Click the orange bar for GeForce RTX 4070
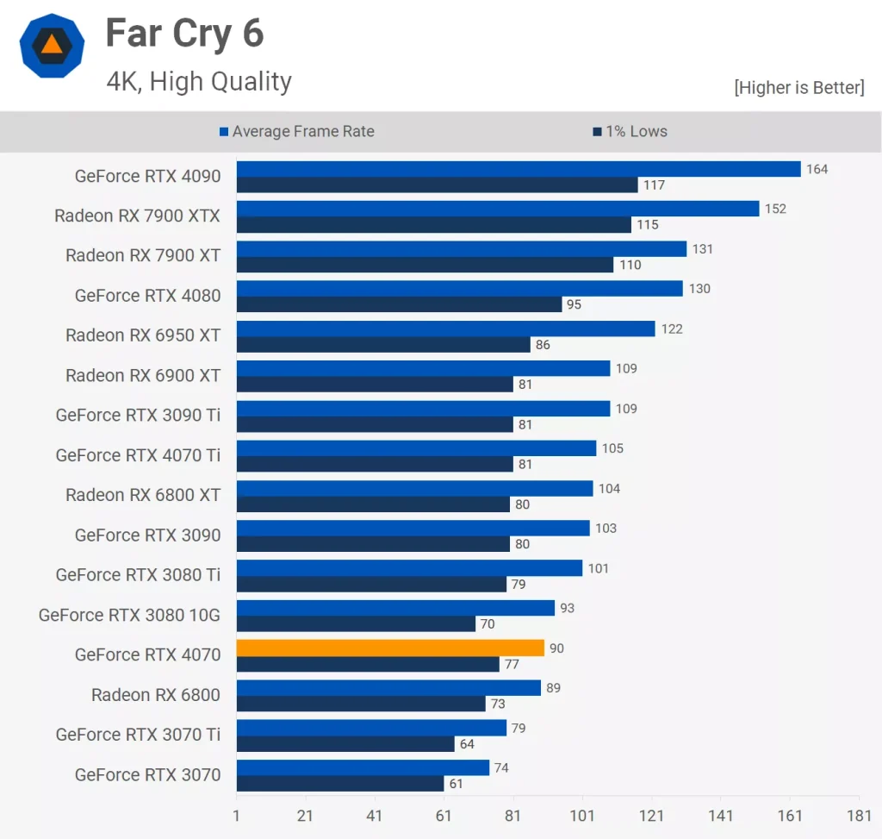tap(390, 648)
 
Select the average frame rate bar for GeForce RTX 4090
tap(519, 169)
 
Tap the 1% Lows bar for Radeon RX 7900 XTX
tap(434, 225)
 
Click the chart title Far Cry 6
tap(184, 34)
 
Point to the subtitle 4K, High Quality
tap(199, 82)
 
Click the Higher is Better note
tap(798, 87)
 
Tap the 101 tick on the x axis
tap(582, 816)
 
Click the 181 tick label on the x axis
tap(859, 816)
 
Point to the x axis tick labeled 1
tap(237, 816)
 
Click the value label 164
tap(817, 169)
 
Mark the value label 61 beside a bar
tap(457, 784)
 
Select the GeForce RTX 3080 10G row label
tap(129, 615)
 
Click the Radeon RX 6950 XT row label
tap(143, 335)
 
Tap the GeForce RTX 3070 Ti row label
tap(138, 735)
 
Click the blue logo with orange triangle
tap(52, 47)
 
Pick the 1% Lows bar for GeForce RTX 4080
tap(399, 304)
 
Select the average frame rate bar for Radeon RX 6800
tap(388, 687)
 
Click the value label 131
tap(703, 249)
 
